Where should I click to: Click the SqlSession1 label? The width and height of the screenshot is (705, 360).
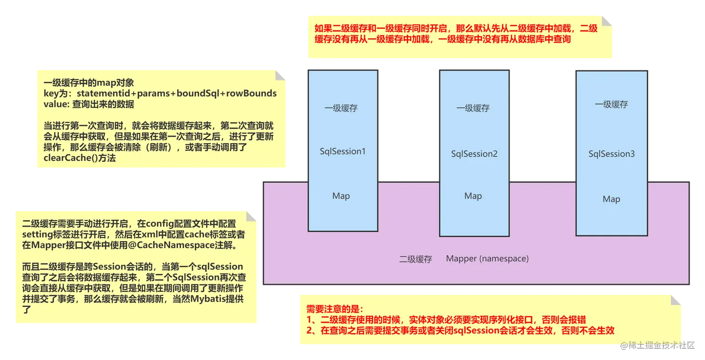(343, 152)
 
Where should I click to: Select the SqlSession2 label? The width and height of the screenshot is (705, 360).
(474, 154)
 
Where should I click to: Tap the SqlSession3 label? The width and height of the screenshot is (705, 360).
(611, 154)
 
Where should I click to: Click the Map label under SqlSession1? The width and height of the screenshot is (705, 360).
(341, 196)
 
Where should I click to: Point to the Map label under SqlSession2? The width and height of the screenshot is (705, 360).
(473, 196)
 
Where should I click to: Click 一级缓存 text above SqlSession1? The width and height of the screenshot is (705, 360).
(341, 109)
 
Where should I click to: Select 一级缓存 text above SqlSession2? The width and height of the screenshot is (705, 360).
(473, 108)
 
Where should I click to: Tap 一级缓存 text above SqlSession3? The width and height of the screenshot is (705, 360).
(611, 104)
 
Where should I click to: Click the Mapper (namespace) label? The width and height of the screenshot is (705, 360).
(487, 259)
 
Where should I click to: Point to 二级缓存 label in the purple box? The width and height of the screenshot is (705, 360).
(415, 259)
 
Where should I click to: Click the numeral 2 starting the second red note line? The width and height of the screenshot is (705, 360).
(309, 330)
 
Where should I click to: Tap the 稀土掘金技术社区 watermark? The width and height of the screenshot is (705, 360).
(657, 345)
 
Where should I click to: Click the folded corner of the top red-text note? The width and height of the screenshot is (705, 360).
(608, 21)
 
